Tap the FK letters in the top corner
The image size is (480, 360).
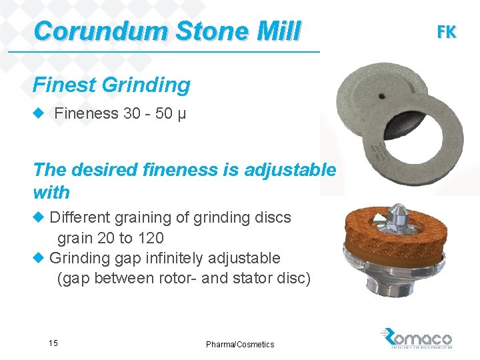446,31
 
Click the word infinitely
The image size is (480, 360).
177,258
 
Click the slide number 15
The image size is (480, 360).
53,343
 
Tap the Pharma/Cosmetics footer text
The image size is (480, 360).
240,345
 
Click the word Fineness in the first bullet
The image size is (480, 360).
86,113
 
